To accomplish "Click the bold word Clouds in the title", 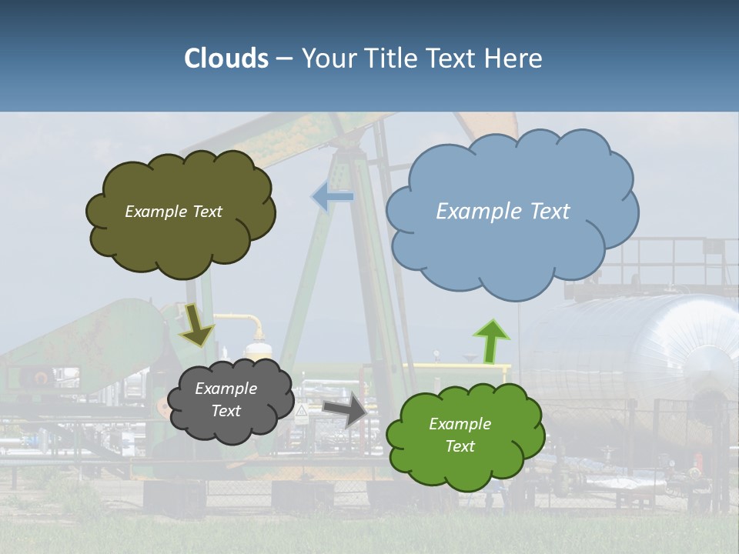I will (226, 58).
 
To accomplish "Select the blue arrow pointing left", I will (332, 197).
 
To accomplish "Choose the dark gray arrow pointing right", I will (345, 409).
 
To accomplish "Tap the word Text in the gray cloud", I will (226, 411).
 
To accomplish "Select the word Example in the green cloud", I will (460, 424).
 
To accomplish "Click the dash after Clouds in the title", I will (284, 58).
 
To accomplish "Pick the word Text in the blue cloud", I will (550, 212).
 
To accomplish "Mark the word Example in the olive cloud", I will (155, 212).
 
